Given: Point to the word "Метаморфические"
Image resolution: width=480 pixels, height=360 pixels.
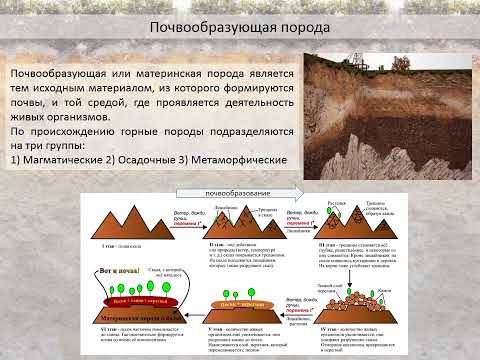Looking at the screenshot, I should (x=241, y=160).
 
